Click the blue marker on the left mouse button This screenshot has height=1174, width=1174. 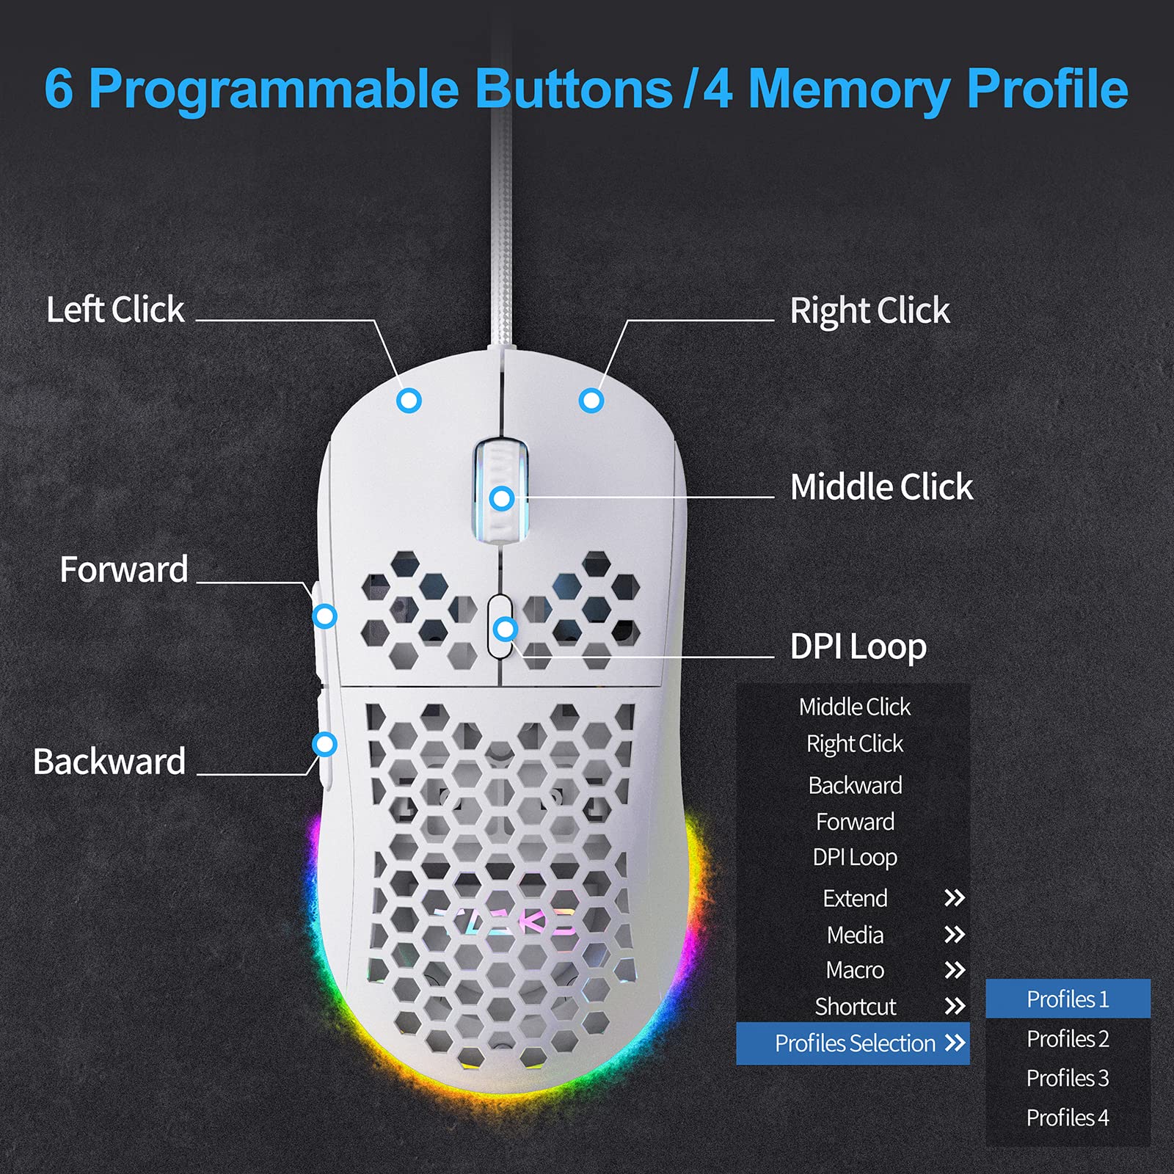point(409,401)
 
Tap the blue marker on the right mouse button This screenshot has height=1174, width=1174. point(591,401)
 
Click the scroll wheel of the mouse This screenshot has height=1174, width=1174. point(501,492)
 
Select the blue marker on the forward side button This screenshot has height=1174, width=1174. point(324,616)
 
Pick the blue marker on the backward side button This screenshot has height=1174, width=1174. point(324,744)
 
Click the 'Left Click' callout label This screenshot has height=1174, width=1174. point(115,310)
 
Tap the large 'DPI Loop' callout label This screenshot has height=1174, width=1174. point(858,647)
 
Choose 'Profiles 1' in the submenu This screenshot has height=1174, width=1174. point(1068,999)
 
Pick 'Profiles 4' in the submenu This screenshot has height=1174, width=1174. point(1068,1118)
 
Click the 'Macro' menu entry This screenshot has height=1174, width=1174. point(855,970)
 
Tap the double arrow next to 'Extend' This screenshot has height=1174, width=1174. point(954,898)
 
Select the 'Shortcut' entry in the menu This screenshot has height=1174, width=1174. point(856,1007)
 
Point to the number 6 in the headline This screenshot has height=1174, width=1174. point(59,90)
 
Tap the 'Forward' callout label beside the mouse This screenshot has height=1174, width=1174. point(124,569)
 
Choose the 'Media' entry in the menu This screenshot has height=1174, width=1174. point(855,935)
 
